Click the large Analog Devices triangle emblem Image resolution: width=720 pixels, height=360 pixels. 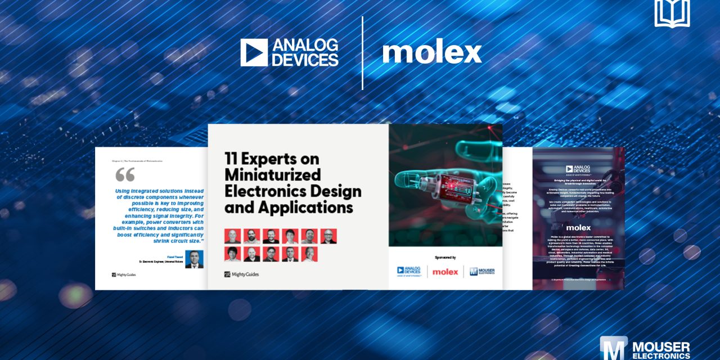coord(254,52)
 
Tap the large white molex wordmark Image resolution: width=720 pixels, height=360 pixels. coord(432,53)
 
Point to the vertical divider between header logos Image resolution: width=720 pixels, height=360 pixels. coord(362,53)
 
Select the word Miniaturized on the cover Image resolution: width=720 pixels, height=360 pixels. coord(272,174)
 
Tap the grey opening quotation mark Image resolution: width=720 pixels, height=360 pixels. coord(125,174)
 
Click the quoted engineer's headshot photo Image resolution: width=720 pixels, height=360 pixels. coord(194,259)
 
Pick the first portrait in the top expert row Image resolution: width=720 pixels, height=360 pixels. coord(232,236)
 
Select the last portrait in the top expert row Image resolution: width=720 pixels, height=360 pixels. coord(328,236)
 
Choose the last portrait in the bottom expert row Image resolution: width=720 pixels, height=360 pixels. coord(309,254)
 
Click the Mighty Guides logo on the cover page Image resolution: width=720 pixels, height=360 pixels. coord(241,274)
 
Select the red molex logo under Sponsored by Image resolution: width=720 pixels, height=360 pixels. coord(445,272)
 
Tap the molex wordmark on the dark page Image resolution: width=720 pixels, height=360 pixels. coord(578,228)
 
